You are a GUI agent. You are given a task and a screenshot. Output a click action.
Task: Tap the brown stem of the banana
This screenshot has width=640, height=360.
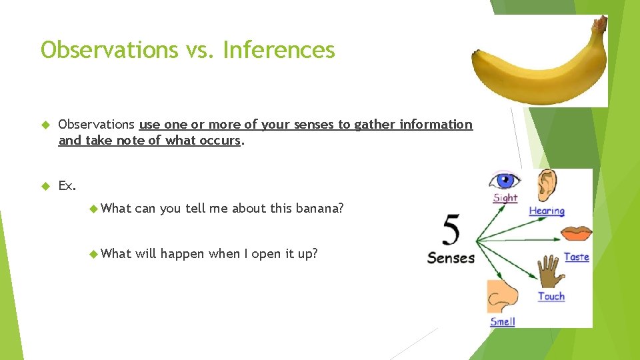tap(599, 25)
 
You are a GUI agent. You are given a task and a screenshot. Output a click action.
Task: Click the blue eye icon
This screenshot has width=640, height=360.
tap(504, 181)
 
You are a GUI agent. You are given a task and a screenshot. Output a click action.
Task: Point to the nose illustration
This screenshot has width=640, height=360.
tap(499, 296)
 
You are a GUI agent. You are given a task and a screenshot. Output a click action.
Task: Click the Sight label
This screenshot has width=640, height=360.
tap(505, 198)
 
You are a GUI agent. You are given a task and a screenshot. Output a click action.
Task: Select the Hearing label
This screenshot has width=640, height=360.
tap(547, 211)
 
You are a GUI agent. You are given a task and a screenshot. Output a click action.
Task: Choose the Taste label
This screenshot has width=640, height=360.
tap(576, 257)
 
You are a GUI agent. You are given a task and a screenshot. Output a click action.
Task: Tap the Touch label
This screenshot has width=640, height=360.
tap(551, 296)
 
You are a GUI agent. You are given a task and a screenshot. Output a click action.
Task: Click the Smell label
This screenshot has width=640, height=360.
tap(503, 322)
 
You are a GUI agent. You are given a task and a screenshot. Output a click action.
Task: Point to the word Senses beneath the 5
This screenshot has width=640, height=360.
tap(451, 258)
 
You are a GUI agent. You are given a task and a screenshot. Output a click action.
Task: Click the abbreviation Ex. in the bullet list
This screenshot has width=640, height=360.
tap(67, 185)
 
